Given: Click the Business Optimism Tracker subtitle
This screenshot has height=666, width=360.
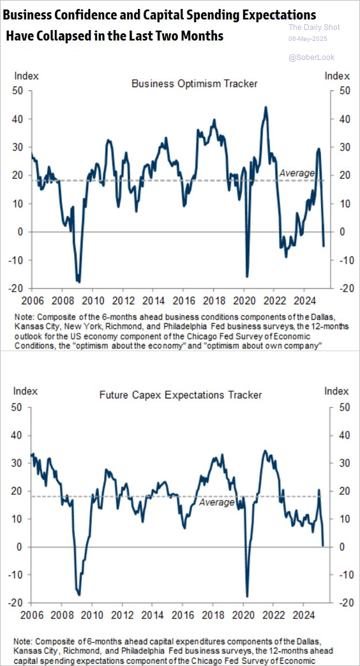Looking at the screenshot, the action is (x=195, y=84).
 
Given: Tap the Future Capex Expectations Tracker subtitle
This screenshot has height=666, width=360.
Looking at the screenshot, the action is (x=181, y=395).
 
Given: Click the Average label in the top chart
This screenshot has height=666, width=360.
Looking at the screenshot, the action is (x=297, y=173).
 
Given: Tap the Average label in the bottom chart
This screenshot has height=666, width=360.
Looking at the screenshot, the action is (x=217, y=503).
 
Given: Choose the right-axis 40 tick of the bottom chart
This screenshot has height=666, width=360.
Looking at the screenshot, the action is (x=341, y=435).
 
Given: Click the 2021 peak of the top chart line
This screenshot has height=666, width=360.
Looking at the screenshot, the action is (x=266, y=107).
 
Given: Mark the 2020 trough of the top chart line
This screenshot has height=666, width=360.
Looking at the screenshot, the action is (x=247, y=277).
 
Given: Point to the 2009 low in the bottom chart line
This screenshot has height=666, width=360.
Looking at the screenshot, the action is (x=79, y=594).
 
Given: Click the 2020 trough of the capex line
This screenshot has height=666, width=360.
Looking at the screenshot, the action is (x=247, y=596).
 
